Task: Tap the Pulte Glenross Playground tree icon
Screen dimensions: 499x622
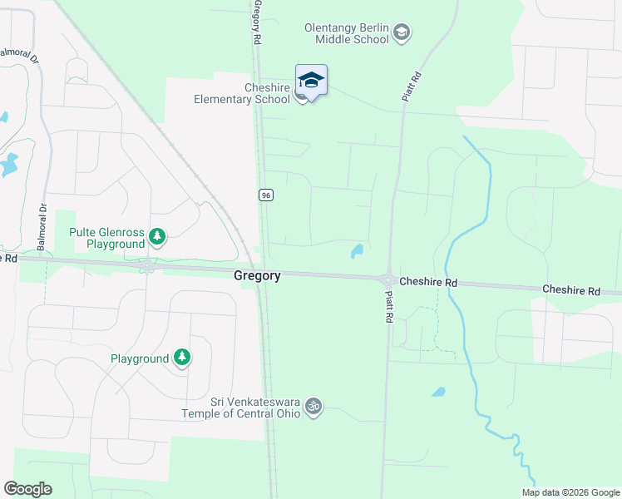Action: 157,238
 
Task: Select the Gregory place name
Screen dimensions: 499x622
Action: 257,275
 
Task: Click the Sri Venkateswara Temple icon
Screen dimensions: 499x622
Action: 313,407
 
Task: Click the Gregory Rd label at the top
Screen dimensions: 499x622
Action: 258,22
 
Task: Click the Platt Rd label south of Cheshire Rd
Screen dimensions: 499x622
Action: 388,302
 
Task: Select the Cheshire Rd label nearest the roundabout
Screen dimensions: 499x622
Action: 428,282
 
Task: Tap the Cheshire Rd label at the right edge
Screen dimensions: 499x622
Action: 571,290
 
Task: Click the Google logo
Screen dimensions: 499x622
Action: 27,489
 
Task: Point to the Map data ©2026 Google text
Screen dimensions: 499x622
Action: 570,492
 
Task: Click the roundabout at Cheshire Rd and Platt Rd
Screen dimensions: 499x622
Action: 388,279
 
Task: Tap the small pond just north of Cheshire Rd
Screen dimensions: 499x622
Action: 358,249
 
